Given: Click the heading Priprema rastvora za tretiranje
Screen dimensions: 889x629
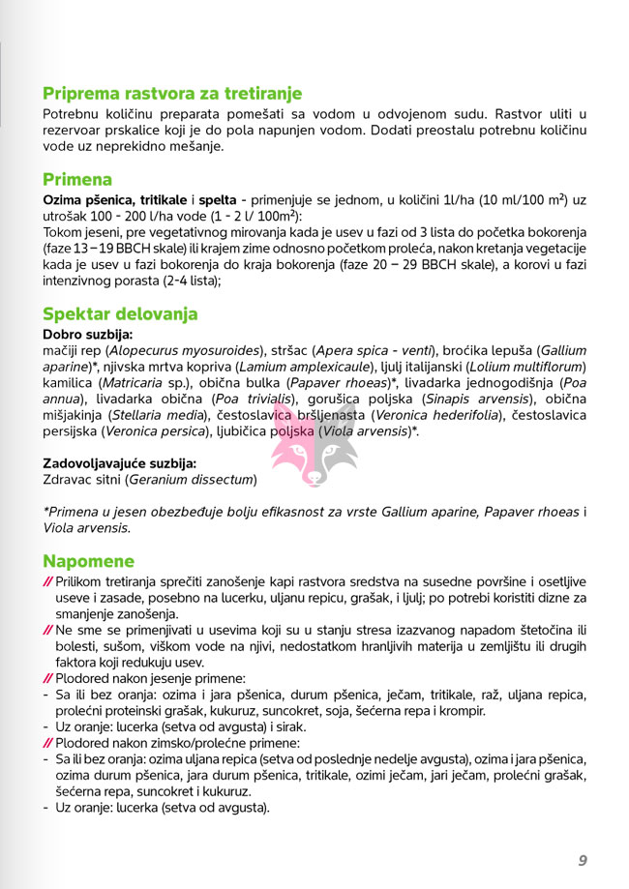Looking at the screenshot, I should click(x=172, y=94).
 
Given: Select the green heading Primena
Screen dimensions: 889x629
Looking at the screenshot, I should click(x=77, y=180).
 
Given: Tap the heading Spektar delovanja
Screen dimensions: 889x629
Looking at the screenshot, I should click(x=120, y=314).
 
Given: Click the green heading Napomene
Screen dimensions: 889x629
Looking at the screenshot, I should click(x=88, y=562).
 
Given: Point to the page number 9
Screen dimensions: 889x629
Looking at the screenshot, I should click(x=584, y=860).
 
